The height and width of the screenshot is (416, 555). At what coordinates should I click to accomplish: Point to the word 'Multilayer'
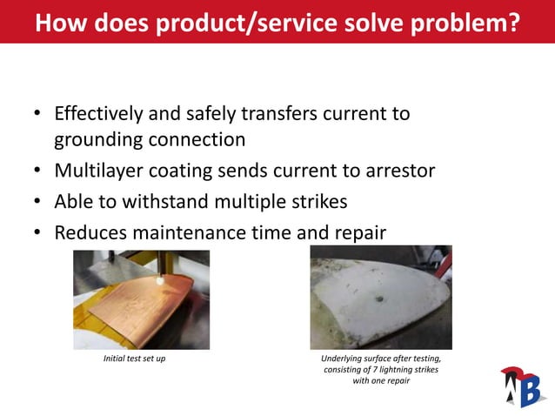point(97,170)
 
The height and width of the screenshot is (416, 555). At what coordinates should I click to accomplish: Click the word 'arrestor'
point(398,170)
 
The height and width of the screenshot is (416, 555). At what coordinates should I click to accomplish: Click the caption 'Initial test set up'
point(135,359)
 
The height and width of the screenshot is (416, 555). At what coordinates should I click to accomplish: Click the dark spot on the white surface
point(381,302)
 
